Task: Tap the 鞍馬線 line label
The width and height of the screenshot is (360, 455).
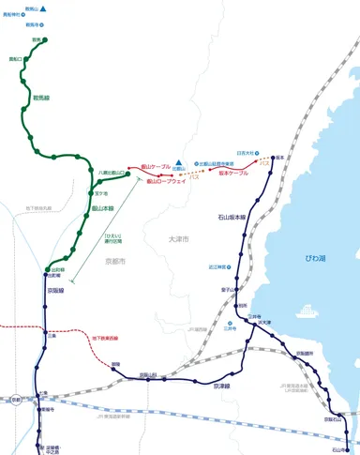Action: coord(40,96)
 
